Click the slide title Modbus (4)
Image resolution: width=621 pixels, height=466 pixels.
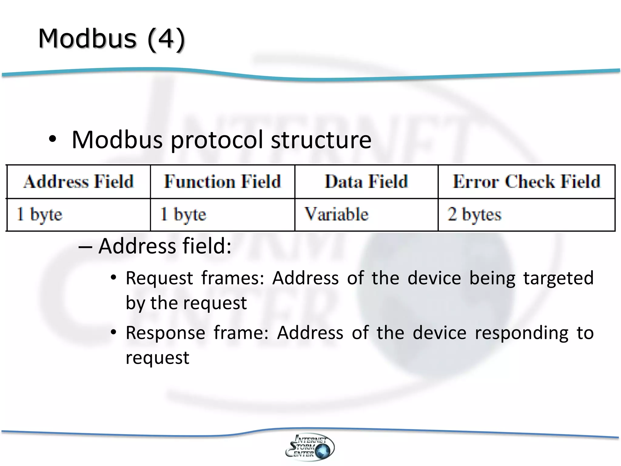pos(111,39)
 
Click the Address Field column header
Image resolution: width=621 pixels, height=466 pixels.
pos(79,182)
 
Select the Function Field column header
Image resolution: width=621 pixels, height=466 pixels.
pos(223,182)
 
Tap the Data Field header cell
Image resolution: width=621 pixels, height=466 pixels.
pos(366,182)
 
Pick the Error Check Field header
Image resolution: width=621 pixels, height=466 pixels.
pos(526,182)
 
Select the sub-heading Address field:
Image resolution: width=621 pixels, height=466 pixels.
pos(165,246)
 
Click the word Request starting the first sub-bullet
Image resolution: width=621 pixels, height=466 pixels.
pos(159,279)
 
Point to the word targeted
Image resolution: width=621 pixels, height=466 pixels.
pos(558,279)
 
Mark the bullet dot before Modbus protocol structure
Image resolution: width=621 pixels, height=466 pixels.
pos(52,139)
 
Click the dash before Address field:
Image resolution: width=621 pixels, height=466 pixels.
pos(85,246)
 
